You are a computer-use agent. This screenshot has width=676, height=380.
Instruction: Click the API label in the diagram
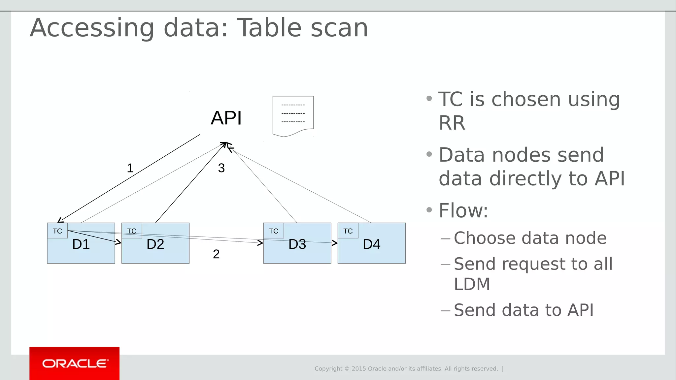pyautogui.click(x=226, y=118)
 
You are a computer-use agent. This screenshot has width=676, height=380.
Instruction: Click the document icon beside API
pyautogui.click(x=293, y=116)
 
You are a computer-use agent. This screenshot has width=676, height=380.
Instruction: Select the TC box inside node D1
pyautogui.click(x=57, y=231)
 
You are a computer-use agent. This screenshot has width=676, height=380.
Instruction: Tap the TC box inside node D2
pyautogui.click(x=132, y=231)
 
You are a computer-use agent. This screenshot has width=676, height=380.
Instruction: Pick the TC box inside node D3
pyautogui.click(x=274, y=231)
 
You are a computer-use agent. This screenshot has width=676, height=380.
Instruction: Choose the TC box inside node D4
pyautogui.click(x=348, y=231)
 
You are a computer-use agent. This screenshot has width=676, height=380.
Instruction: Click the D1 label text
pyautogui.click(x=81, y=244)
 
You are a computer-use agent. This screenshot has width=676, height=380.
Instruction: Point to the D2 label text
pyautogui.click(x=155, y=244)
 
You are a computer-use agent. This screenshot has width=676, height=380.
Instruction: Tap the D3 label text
pyautogui.click(x=297, y=244)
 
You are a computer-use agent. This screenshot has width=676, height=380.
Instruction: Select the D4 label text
pyautogui.click(x=372, y=244)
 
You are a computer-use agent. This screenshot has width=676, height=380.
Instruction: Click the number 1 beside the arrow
pyautogui.click(x=130, y=168)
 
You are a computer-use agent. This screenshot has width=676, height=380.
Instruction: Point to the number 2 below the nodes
pyautogui.click(x=216, y=254)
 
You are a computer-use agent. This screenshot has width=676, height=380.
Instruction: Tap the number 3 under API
pyautogui.click(x=221, y=168)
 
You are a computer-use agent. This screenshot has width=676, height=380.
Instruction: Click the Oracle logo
pyautogui.click(x=75, y=364)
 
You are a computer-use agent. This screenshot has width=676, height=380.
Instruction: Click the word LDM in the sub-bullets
pyautogui.click(x=472, y=284)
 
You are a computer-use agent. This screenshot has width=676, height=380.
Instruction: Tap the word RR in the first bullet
pyautogui.click(x=452, y=123)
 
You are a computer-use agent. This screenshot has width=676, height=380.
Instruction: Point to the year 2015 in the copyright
pyautogui.click(x=358, y=369)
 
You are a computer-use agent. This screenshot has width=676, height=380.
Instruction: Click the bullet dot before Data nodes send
pyautogui.click(x=429, y=154)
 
